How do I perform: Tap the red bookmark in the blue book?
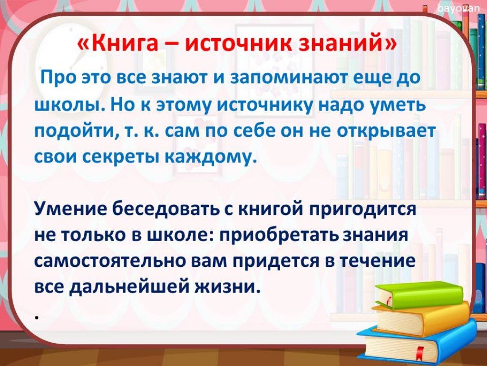(420, 353)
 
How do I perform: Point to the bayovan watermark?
(459, 9)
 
